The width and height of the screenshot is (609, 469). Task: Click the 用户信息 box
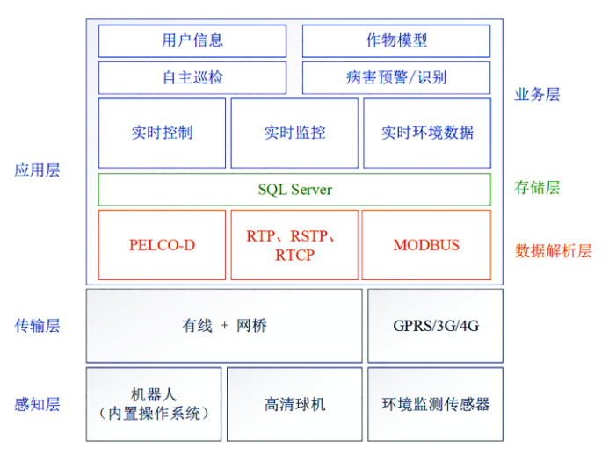coord(192,40)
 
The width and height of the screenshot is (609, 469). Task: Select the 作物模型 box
coord(396,40)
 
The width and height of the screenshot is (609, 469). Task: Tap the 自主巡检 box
coord(192,77)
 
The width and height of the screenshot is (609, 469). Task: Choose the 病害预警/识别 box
coord(396,77)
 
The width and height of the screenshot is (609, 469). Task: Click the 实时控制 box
coord(162,133)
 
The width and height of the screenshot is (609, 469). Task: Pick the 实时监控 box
coord(294,133)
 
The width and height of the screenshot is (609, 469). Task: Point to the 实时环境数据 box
coord(427,133)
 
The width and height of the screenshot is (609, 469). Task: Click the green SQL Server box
coord(294,190)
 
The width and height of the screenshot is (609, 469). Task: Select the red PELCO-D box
coord(162,245)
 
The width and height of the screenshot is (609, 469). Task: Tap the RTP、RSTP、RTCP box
coord(294,245)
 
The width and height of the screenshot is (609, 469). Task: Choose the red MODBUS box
coord(426,245)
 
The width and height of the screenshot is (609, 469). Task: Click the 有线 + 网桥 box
coord(224,326)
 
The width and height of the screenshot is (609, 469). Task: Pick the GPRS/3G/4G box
coord(435,326)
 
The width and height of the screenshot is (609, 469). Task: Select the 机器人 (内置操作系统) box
coord(154,404)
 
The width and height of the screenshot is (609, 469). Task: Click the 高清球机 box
coord(294,404)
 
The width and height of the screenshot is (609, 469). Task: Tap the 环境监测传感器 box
coord(435,404)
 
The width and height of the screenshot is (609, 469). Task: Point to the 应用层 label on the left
coord(37,170)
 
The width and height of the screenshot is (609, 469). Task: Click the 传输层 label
coord(37,326)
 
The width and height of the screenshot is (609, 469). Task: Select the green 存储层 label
coord(537,187)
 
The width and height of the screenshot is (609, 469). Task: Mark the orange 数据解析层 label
coord(553,250)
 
